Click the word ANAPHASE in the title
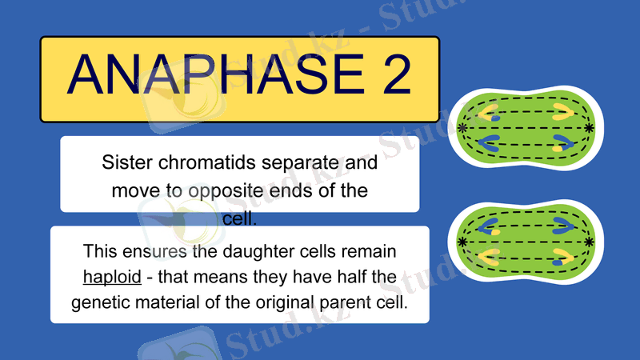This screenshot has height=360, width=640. (x=204, y=74)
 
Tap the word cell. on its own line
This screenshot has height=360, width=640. (x=239, y=218)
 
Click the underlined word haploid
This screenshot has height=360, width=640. (x=112, y=277)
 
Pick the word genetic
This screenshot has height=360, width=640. (x=99, y=303)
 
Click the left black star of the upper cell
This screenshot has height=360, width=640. (x=463, y=128)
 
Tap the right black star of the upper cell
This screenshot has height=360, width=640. (x=590, y=128)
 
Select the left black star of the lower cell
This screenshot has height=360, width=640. (x=463, y=241)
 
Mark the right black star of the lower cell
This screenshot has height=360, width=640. (x=590, y=241)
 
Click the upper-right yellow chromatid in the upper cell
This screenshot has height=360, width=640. (x=560, y=111)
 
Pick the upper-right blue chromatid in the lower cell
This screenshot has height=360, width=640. (x=560, y=225)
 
